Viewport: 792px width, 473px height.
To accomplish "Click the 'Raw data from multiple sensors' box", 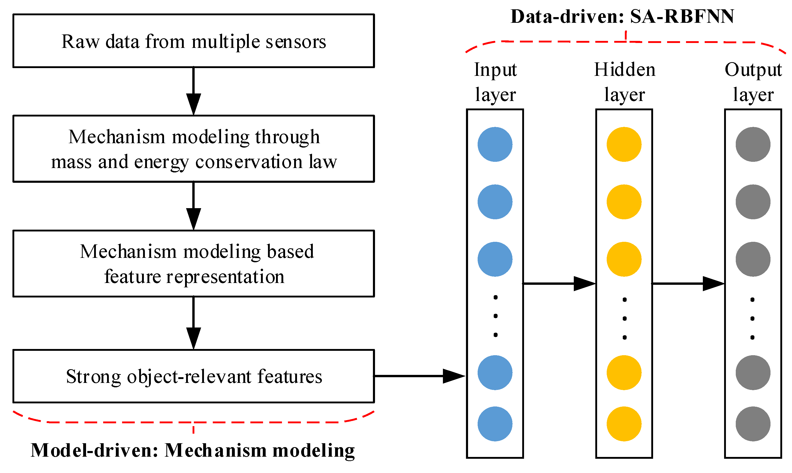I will tap(194, 41).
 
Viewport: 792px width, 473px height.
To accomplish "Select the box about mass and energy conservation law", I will tap(194, 149).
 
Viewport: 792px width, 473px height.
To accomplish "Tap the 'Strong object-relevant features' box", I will tap(194, 376).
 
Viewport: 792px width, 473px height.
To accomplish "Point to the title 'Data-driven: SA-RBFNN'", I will tap(622, 17).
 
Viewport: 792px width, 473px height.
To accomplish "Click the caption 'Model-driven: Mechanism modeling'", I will tap(193, 451).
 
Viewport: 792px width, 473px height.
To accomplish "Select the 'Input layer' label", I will tap(495, 82).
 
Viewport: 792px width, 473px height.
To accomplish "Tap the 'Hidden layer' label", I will tap(624, 82).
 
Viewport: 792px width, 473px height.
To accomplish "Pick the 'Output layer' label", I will tap(753, 82).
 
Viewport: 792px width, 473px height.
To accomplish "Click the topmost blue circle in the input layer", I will tap(495, 144).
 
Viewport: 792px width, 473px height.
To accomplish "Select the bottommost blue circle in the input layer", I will tap(495, 424).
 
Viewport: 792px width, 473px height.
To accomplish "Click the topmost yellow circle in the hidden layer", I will tap(624, 144).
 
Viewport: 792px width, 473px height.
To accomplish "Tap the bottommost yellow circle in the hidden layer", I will tap(624, 424).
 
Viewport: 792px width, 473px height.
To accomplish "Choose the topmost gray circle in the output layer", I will tap(753, 144).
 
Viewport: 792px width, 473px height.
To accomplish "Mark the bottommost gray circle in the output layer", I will tap(753, 424).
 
